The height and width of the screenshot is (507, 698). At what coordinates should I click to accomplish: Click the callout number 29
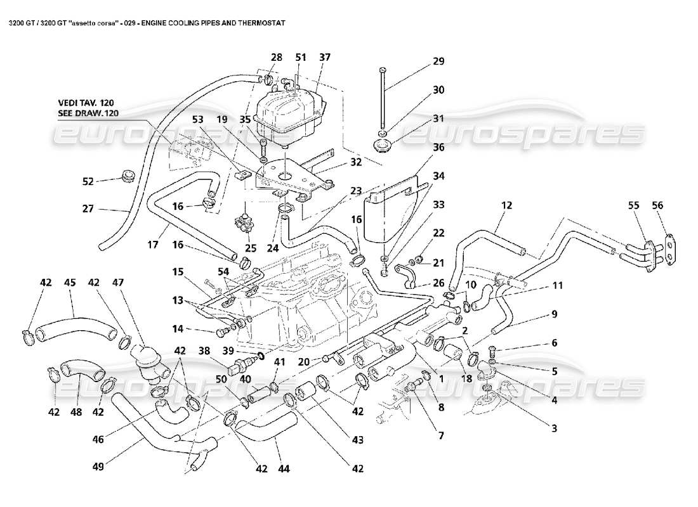click(x=438, y=61)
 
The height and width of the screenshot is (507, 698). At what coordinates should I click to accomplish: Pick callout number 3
click(x=553, y=428)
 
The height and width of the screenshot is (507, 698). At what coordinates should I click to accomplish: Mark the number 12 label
click(x=506, y=205)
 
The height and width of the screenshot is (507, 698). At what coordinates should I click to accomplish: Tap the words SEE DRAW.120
click(x=86, y=113)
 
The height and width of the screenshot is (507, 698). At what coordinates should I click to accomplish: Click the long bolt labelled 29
click(x=382, y=98)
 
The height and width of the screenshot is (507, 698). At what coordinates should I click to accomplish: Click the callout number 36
click(x=438, y=148)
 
